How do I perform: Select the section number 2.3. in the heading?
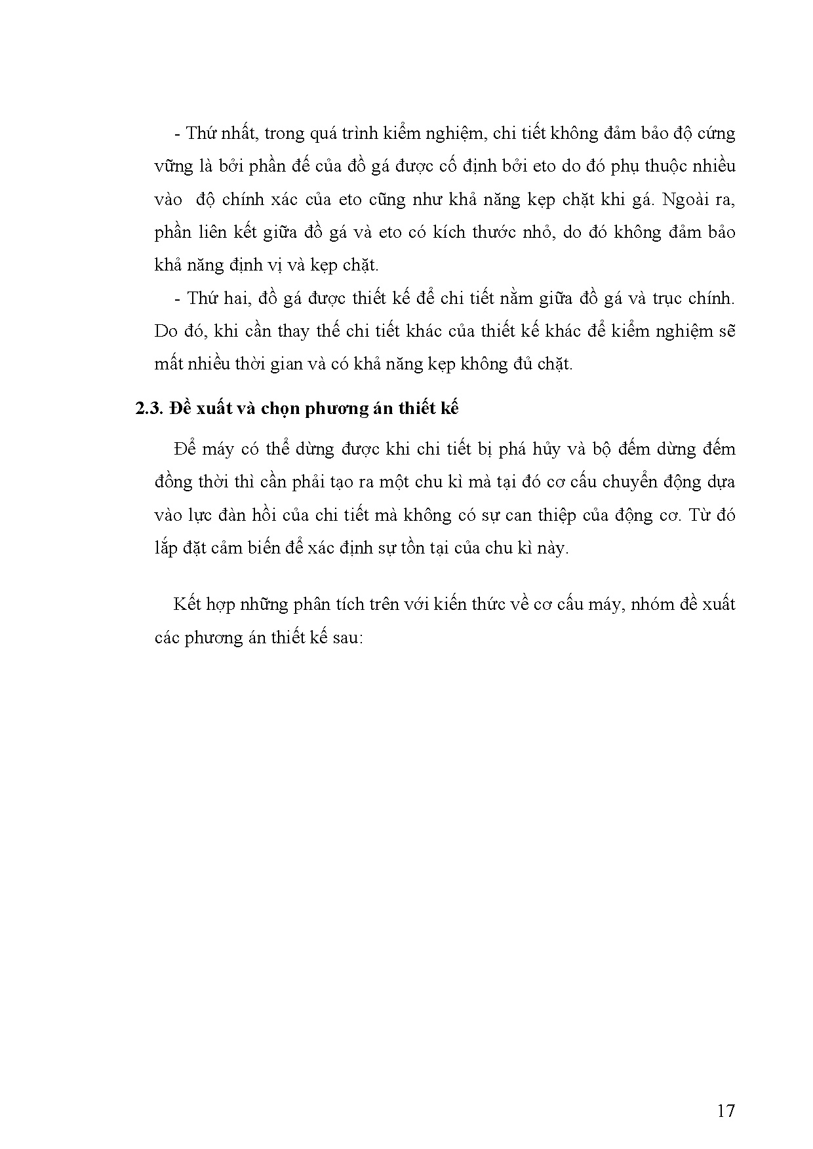point(149,409)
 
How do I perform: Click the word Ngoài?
point(686,200)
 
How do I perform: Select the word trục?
point(669,299)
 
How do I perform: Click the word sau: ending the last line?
point(346,637)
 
